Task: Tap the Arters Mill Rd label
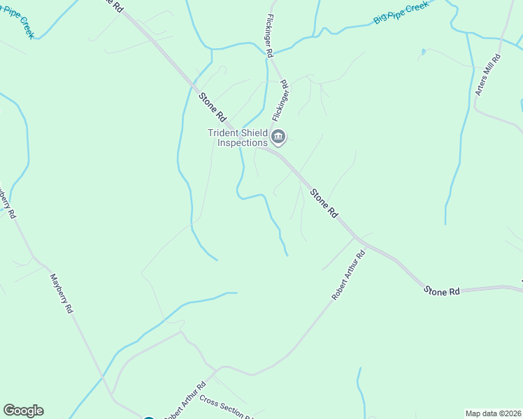click(x=487, y=75)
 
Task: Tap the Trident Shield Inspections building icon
click(x=278, y=137)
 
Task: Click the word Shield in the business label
click(x=255, y=133)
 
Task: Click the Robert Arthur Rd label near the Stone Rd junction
click(x=348, y=276)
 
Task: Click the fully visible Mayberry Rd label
click(x=62, y=293)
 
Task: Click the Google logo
click(x=23, y=411)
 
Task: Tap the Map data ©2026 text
click(x=494, y=413)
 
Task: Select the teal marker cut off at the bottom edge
click(x=148, y=417)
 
